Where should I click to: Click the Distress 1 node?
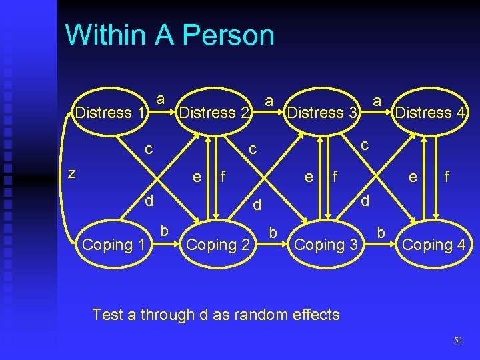click(111, 113)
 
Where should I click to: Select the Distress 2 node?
click(215, 113)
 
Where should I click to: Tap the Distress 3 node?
click(323, 113)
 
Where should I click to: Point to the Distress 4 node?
click(430, 113)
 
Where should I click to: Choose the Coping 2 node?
click(218, 245)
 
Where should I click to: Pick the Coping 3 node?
click(327, 245)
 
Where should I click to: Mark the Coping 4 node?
click(433, 245)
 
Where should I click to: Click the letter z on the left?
click(73, 173)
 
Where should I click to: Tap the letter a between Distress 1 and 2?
click(160, 99)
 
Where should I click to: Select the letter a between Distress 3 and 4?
click(377, 101)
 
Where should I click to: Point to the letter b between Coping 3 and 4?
click(381, 233)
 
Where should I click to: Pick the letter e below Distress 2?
click(197, 177)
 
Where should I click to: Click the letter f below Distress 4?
click(447, 177)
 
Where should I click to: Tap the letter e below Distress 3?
click(308, 177)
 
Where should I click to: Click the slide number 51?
click(458, 341)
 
